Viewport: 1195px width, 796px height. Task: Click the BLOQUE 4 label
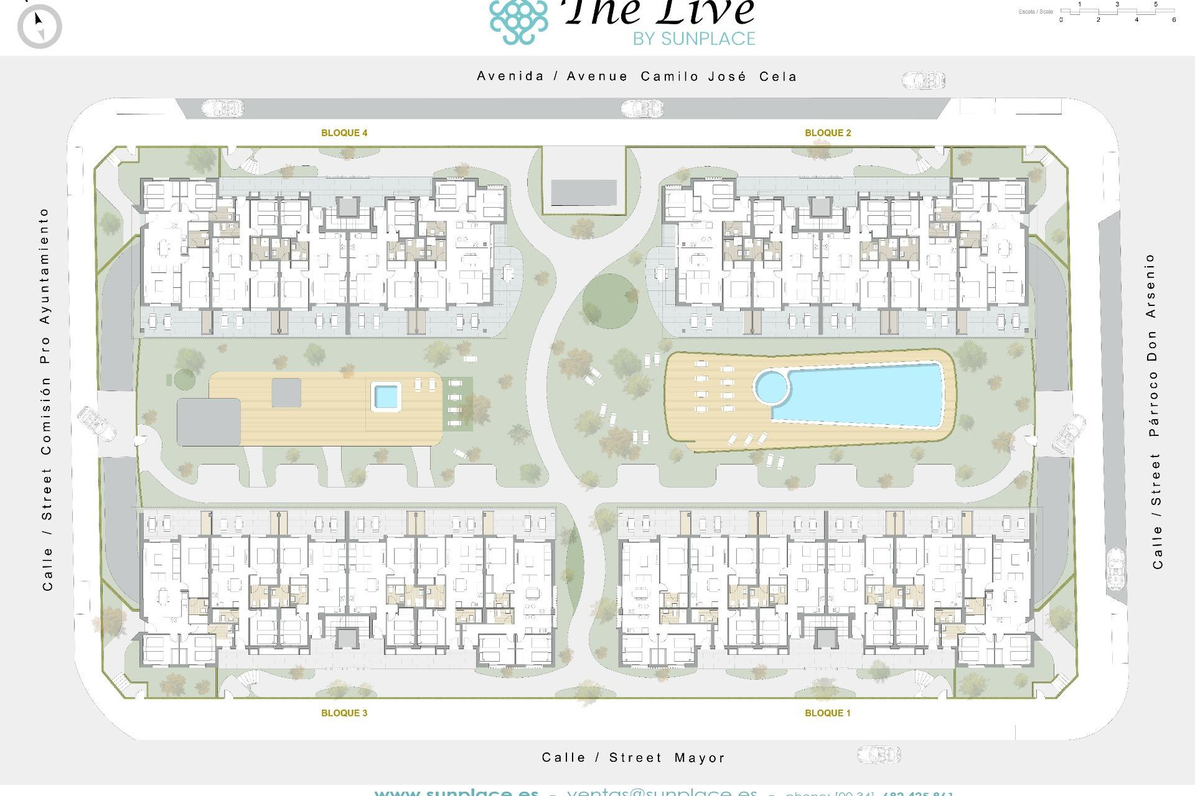coord(344,132)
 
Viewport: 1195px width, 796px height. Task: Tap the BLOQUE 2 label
coord(828,132)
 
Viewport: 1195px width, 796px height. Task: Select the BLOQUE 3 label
coord(344,713)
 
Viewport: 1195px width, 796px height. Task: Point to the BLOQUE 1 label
coord(828,713)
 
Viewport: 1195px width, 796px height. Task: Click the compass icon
coord(40,26)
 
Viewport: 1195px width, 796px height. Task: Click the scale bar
coord(1117,11)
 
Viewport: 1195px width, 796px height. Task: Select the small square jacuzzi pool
coord(386,396)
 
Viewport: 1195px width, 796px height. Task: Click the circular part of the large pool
coord(772,387)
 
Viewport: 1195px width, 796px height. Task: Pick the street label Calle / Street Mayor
coord(633,757)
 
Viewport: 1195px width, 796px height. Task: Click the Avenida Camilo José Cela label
coord(636,76)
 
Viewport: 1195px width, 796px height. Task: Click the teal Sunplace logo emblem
coord(518,21)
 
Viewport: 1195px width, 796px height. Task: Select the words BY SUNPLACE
coord(694,39)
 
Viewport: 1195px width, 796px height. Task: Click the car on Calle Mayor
coord(879,755)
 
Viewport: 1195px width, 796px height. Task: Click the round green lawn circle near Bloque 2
coord(611,302)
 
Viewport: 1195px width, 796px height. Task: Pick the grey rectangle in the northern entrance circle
coord(584,192)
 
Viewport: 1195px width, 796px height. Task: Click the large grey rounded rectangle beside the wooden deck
coord(209,422)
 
